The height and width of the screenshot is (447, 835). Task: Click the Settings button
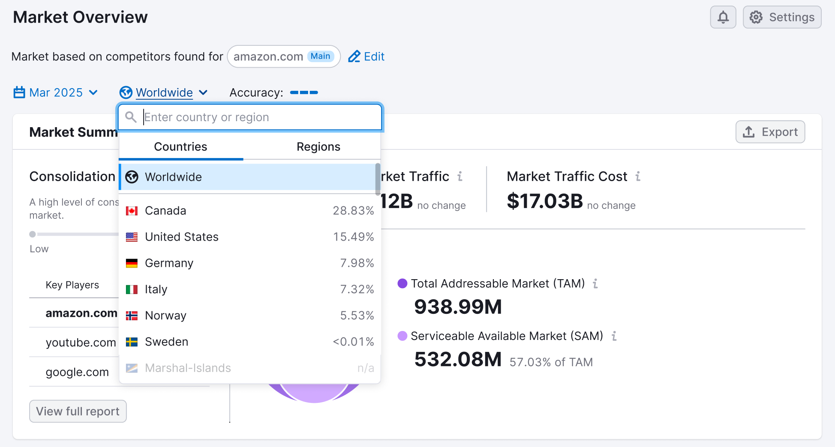click(782, 17)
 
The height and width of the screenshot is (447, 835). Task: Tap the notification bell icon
click(723, 17)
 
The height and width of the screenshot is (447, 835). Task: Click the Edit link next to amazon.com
click(366, 57)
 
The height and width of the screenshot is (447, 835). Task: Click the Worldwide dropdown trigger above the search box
click(164, 92)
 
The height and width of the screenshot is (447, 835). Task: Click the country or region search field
click(257, 117)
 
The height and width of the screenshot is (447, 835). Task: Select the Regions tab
click(318, 147)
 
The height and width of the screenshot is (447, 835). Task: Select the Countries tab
click(180, 147)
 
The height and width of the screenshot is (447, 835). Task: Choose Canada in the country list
click(165, 211)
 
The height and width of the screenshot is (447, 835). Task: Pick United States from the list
click(182, 237)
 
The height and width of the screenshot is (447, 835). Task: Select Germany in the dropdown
click(169, 263)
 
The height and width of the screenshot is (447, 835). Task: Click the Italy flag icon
click(132, 289)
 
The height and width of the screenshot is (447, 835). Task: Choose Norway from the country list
click(165, 316)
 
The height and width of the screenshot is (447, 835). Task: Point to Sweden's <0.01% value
click(353, 342)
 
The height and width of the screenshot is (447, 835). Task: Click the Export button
click(770, 132)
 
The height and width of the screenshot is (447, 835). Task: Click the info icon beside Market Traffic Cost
click(638, 176)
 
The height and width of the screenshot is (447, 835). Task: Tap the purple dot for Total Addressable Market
click(402, 283)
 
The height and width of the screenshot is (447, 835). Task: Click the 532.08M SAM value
click(457, 359)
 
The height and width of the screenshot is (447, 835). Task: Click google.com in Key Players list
click(77, 372)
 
